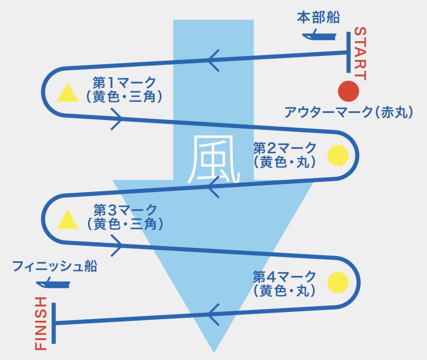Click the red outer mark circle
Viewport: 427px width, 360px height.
click(x=348, y=91)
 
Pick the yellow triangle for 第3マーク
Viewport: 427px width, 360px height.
click(x=68, y=220)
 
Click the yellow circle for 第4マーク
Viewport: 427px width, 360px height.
click(x=338, y=282)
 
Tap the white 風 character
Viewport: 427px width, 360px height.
click(x=213, y=160)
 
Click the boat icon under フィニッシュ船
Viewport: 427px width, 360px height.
click(x=53, y=285)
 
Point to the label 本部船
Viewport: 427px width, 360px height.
click(x=319, y=17)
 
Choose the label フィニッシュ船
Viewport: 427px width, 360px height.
click(x=55, y=266)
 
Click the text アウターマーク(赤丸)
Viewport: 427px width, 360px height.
click(x=348, y=112)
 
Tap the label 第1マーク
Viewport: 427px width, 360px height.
click(x=125, y=82)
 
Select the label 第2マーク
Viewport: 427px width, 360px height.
click(x=285, y=147)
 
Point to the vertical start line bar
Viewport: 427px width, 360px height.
click(x=348, y=52)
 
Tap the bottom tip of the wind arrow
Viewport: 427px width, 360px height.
click(x=213, y=350)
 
